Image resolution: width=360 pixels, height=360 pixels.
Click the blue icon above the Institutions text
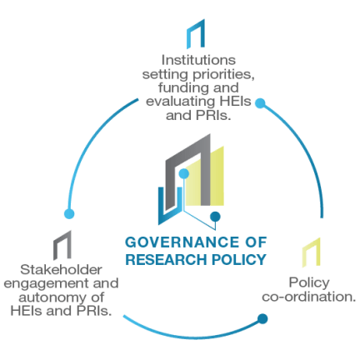point(195,36)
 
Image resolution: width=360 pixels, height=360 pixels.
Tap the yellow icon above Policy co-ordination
point(310,249)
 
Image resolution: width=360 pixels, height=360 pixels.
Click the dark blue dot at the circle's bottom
point(262,318)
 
